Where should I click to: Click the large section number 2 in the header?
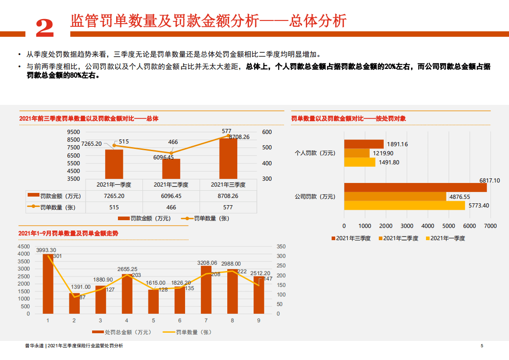pos(44,28)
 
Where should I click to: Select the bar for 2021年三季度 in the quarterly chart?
pos(228,159)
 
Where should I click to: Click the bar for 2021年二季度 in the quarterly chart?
pos(171,168)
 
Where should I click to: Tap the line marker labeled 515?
pos(114,145)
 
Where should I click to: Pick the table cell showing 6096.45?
pos(171,196)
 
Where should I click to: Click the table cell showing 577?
pos(228,207)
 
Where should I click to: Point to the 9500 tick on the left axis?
pos(73,132)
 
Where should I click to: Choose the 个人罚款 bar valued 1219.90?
pos(357,153)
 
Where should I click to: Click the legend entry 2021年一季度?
pos(445,238)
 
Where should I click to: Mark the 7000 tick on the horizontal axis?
pos(490,226)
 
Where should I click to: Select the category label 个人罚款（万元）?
pos(315,153)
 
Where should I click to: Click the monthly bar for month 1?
pos(48,284)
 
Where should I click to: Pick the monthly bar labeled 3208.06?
pos(206,290)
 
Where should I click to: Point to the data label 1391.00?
pos(81,287)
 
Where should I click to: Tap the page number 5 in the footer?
pos(482,346)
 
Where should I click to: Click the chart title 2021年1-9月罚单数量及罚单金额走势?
pos(68,233)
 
